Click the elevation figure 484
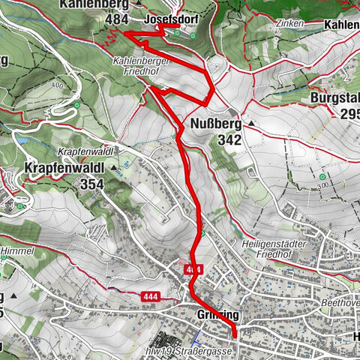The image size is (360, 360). [117, 19]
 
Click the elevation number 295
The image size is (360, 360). [350, 114]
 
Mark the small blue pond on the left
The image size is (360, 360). [21, 140]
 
